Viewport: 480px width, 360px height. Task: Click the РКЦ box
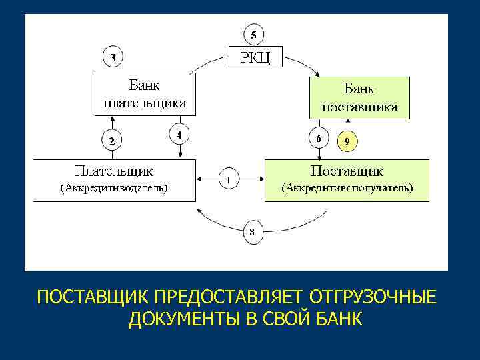255,57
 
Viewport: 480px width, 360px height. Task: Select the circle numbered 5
253,33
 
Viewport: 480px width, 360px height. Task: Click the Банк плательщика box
145,95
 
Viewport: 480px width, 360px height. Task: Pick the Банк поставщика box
359,97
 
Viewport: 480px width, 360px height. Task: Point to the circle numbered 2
111,141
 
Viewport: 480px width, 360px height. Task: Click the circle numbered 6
319,139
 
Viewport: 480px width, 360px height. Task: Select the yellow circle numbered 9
347,141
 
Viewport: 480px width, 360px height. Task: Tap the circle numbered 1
229,179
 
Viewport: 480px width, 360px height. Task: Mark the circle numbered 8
252,232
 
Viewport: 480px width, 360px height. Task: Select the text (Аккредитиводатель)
115,188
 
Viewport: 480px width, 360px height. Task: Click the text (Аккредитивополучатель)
347,188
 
